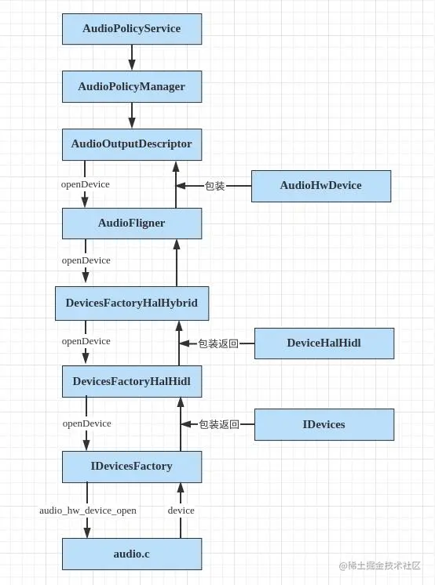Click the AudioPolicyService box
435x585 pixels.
pyautogui.click(x=132, y=28)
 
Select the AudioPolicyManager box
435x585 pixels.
pyautogui.click(x=132, y=86)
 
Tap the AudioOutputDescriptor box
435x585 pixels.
pyautogui.click(x=132, y=144)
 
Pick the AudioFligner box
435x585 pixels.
pyautogui.click(x=132, y=223)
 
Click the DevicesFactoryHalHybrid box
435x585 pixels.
pyautogui.click(x=132, y=303)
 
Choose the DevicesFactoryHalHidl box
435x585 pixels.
pyautogui.click(x=132, y=381)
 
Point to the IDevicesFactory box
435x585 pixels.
pyautogui.click(x=132, y=466)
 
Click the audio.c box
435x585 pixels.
pyautogui.click(x=132, y=554)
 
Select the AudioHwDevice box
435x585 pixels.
pyautogui.click(x=320, y=186)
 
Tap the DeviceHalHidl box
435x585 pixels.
pyautogui.click(x=324, y=343)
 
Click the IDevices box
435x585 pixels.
pyautogui.click(x=324, y=424)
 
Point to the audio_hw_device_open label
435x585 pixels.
pyautogui.click(x=88, y=511)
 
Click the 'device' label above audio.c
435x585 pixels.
pyautogui.click(x=181, y=511)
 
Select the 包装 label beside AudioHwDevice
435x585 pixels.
pyautogui.click(x=214, y=186)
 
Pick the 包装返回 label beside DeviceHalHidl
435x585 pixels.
pyautogui.click(x=218, y=343)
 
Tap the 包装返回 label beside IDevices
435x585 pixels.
pyautogui.click(x=219, y=424)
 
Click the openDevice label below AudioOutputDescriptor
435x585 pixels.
pyautogui.click(x=86, y=184)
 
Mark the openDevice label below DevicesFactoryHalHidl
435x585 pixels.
pyautogui.click(x=86, y=423)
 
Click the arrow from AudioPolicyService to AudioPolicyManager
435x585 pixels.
pyautogui.click(x=132, y=57)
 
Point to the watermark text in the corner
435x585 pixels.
pyautogui.click(x=386, y=566)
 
